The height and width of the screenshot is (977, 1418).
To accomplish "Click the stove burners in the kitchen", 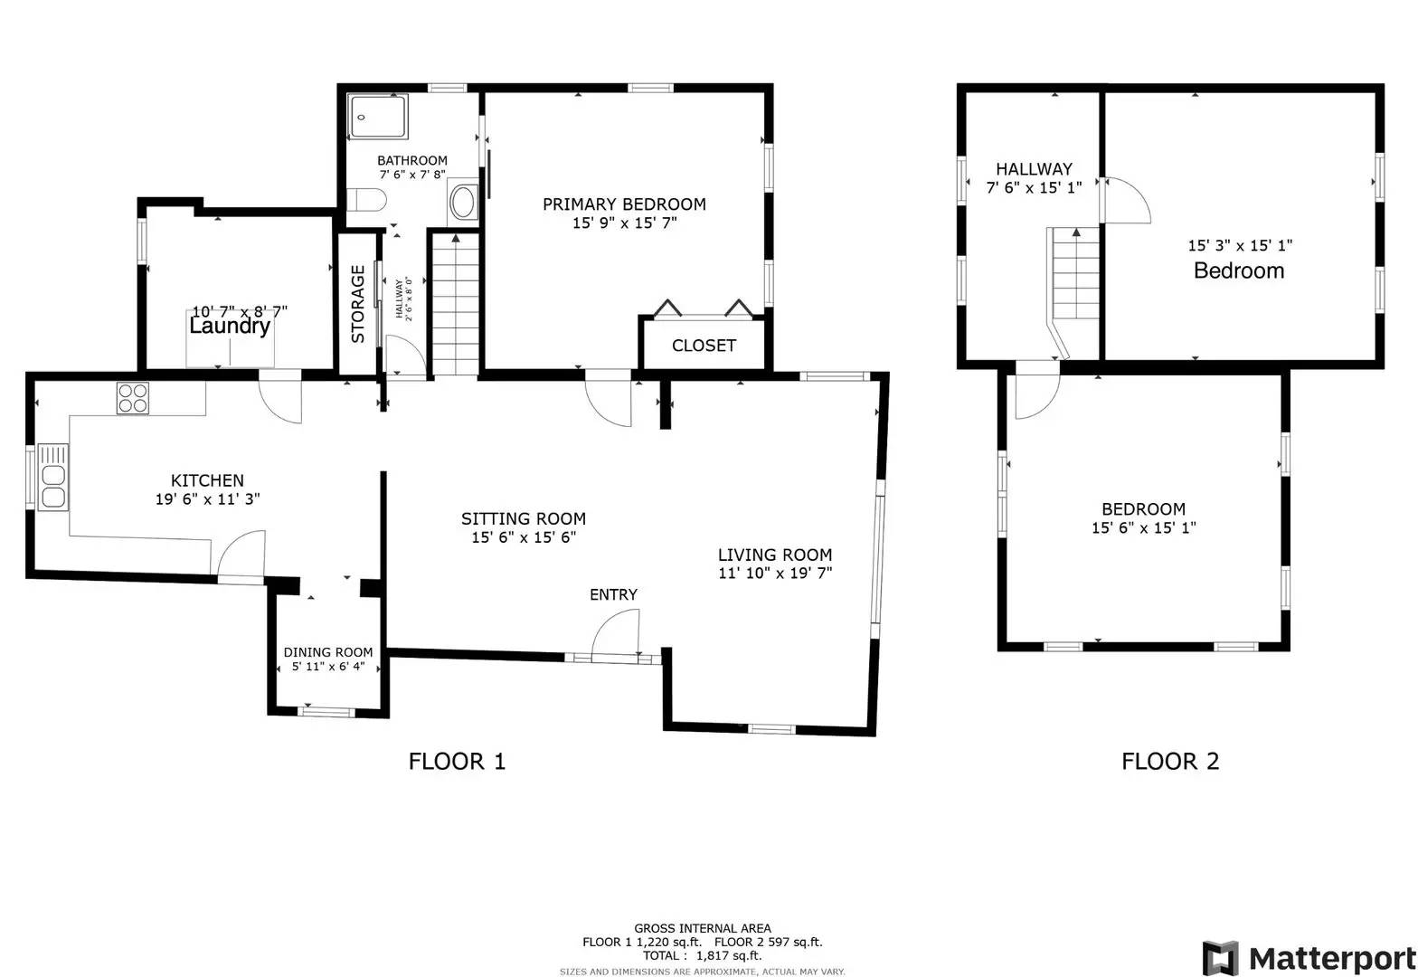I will tap(133, 398).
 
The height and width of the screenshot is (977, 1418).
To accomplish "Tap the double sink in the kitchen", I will tap(53, 476).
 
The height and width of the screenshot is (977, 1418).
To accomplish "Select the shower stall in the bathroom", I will tap(378, 116).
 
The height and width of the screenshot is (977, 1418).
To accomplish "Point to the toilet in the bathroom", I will tap(368, 199).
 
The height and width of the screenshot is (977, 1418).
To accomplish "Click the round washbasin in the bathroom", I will tap(464, 202).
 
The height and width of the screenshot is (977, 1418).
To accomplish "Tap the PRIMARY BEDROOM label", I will tap(624, 204).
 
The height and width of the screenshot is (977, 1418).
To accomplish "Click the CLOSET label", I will tap(704, 346).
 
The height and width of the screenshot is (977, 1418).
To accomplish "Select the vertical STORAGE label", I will tap(358, 304).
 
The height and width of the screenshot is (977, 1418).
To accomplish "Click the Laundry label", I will tap(230, 327).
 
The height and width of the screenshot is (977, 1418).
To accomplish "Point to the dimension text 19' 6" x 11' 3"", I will tap(208, 498).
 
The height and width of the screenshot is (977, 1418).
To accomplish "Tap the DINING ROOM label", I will tap(328, 652).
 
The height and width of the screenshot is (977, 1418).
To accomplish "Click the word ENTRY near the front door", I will tap(613, 594).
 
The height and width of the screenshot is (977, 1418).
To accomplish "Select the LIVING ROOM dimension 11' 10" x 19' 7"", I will tap(775, 573).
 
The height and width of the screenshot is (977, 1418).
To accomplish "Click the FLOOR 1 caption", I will tap(457, 762).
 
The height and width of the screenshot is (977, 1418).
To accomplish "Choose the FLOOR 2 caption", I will tap(1170, 762).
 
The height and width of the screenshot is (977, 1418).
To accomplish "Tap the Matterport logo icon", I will tap(1220, 958).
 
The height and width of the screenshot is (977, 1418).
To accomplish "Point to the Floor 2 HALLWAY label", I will tap(1034, 169).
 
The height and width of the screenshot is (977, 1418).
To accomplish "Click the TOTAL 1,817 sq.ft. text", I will tap(702, 955).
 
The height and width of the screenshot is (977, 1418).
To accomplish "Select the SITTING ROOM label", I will tap(524, 518).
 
